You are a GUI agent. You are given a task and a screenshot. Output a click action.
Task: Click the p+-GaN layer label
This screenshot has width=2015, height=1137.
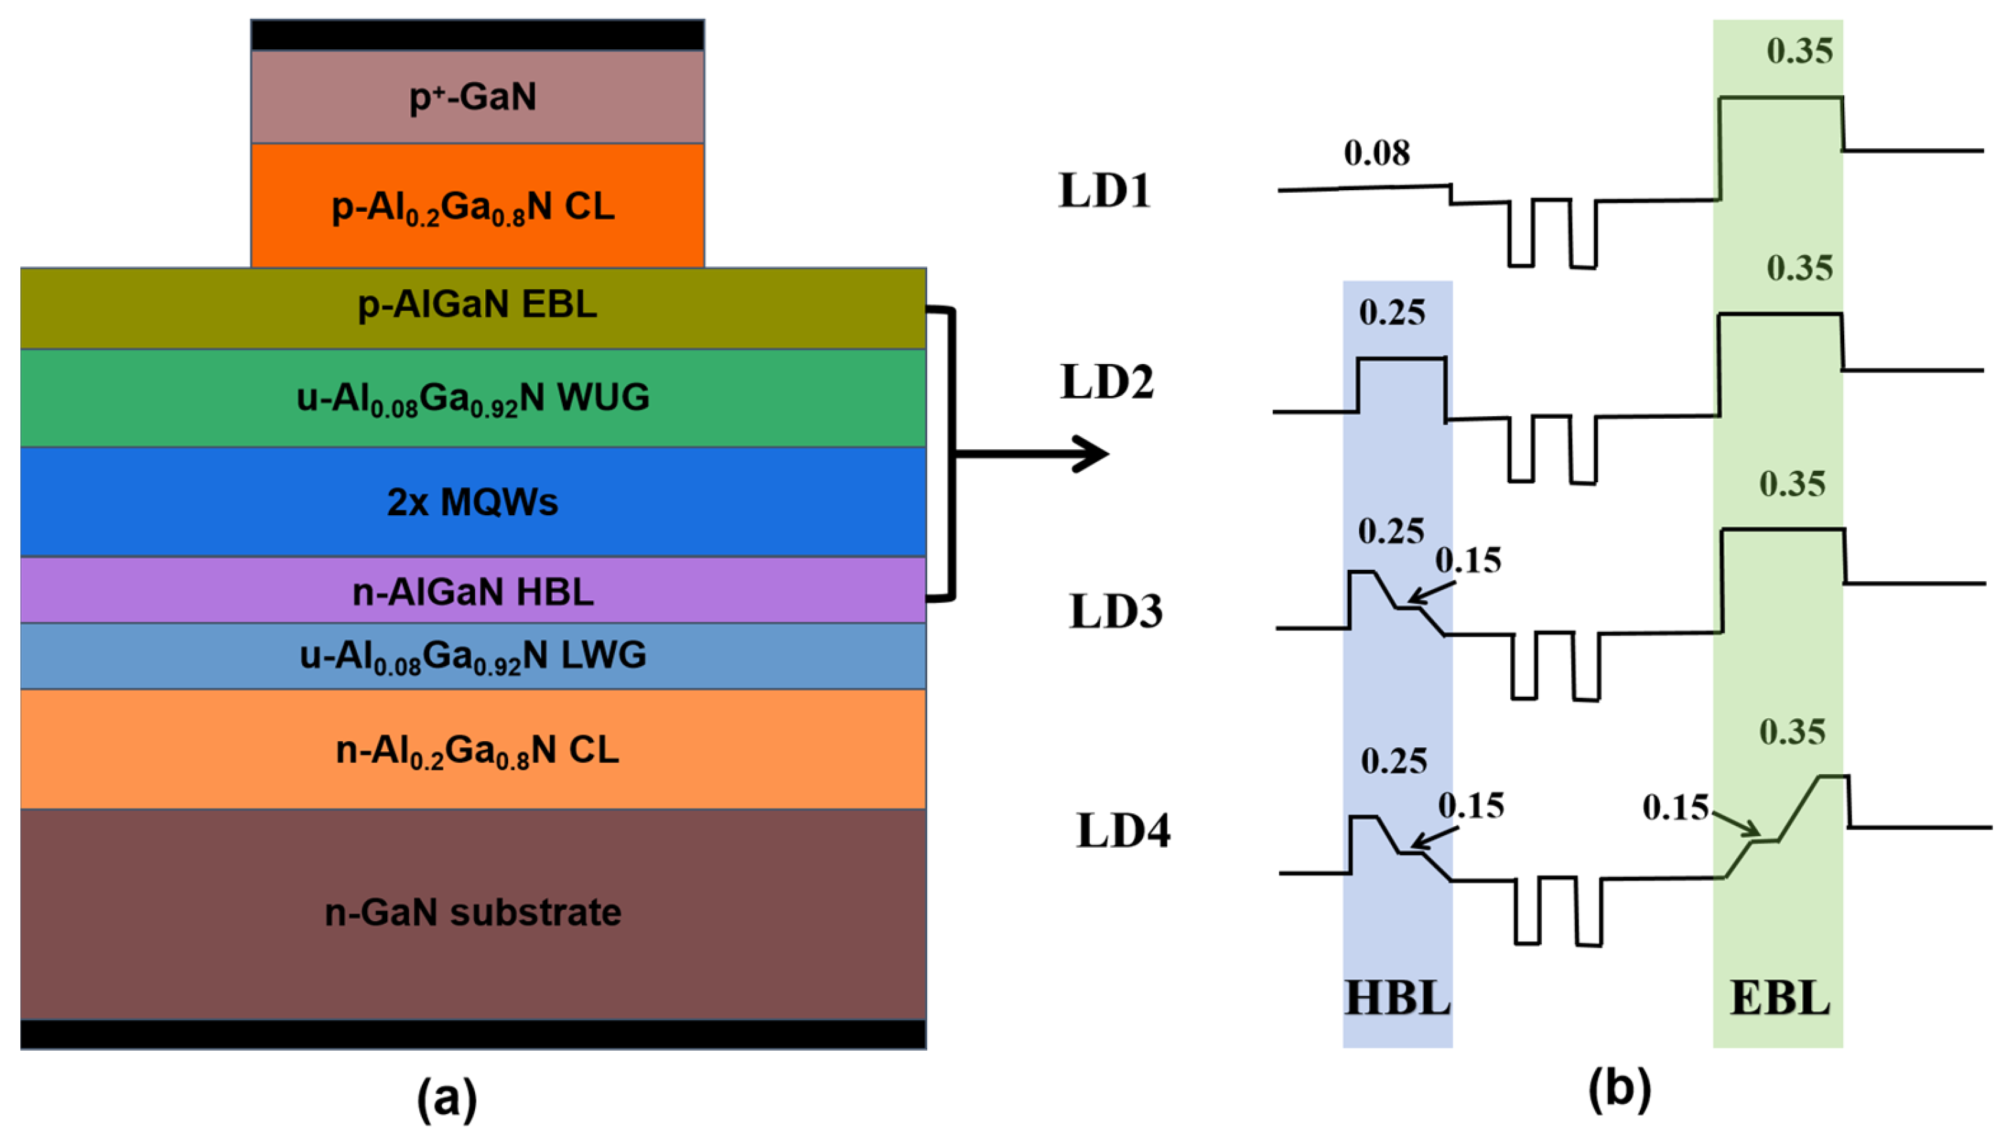coord(473,98)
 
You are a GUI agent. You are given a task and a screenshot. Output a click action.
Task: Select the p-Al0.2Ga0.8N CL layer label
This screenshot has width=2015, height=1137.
coord(473,207)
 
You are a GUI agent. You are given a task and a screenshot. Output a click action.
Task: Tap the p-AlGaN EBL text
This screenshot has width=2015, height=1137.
coord(477,304)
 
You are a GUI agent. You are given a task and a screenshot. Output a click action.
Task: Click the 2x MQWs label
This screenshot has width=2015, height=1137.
coord(472,502)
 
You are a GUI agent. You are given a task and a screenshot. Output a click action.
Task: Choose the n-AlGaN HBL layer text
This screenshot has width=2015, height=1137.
coord(472,592)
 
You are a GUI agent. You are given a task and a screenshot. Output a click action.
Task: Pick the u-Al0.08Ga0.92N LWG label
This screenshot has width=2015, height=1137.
coord(472,656)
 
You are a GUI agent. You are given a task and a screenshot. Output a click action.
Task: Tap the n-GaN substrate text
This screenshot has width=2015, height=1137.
coord(472,912)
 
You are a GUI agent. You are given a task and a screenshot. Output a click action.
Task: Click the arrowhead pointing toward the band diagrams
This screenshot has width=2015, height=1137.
coord(1092,454)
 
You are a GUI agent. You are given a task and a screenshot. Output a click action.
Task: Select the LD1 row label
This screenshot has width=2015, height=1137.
coord(1105,191)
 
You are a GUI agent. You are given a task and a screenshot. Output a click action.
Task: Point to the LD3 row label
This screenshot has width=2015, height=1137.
coord(1115,612)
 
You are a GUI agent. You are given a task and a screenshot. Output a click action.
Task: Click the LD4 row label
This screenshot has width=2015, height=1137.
coord(1124,830)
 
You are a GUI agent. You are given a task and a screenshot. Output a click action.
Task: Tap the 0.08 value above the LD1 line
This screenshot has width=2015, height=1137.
coord(1377,153)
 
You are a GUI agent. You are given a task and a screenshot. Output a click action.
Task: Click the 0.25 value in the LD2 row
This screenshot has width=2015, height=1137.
coord(1392,313)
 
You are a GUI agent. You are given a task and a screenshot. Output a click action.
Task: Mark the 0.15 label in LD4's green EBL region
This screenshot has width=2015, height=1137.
coord(1676,808)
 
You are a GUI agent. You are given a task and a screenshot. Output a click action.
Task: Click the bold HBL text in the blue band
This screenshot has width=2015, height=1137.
coord(1398,999)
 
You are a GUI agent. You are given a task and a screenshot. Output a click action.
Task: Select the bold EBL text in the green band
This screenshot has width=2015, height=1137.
coord(1779,999)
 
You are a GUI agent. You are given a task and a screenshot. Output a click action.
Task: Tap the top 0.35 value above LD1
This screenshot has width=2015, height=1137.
coord(1800,51)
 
